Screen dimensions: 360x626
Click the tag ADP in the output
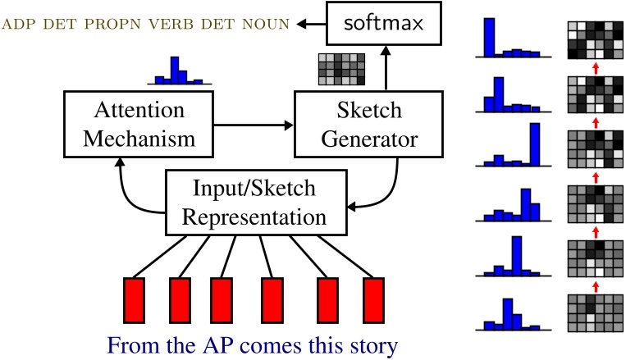(x=21, y=25)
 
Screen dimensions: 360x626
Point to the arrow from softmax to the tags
(x=308, y=25)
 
